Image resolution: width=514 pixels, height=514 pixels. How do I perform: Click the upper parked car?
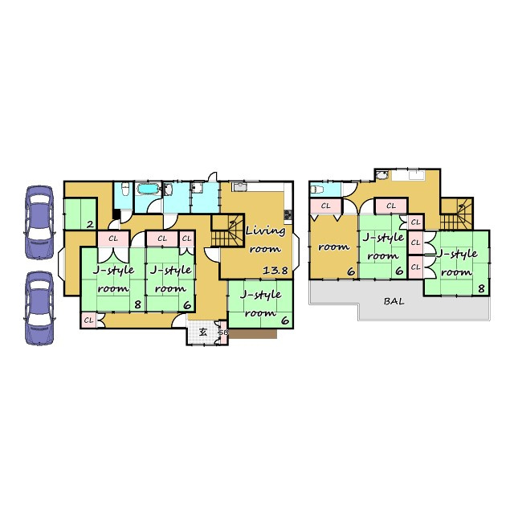(x=39, y=222)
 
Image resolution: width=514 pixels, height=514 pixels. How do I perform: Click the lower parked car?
(x=39, y=308)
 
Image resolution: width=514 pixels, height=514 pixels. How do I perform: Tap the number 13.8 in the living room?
(x=275, y=270)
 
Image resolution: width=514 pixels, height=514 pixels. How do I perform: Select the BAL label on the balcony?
(x=394, y=301)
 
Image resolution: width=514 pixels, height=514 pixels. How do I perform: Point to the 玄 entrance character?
(x=203, y=332)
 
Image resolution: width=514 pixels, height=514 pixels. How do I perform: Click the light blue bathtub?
(x=148, y=190)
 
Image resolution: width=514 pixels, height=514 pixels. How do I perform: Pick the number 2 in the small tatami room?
(x=91, y=224)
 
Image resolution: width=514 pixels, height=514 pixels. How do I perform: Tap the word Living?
(x=265, y=231)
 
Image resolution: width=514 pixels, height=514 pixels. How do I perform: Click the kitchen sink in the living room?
(x=240, y=186)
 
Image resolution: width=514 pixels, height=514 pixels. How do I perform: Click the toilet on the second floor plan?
(x=317, y=190)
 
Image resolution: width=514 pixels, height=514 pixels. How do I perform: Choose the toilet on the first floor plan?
(x=125, y=189)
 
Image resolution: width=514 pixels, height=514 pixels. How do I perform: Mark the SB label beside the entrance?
(x=223, y=332)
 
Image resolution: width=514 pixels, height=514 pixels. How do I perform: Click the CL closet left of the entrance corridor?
(x=88, y=320)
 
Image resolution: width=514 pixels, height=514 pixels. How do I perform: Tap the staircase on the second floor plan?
(x=456, y=214)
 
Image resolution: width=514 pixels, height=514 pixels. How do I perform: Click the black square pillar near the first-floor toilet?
(x=116, y=214)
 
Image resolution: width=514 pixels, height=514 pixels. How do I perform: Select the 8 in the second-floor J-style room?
(x=481, y=288)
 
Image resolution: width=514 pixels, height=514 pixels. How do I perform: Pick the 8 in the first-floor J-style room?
(x=137, y=304)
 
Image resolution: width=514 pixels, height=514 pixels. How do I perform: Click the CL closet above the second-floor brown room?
(x=326, y=206)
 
